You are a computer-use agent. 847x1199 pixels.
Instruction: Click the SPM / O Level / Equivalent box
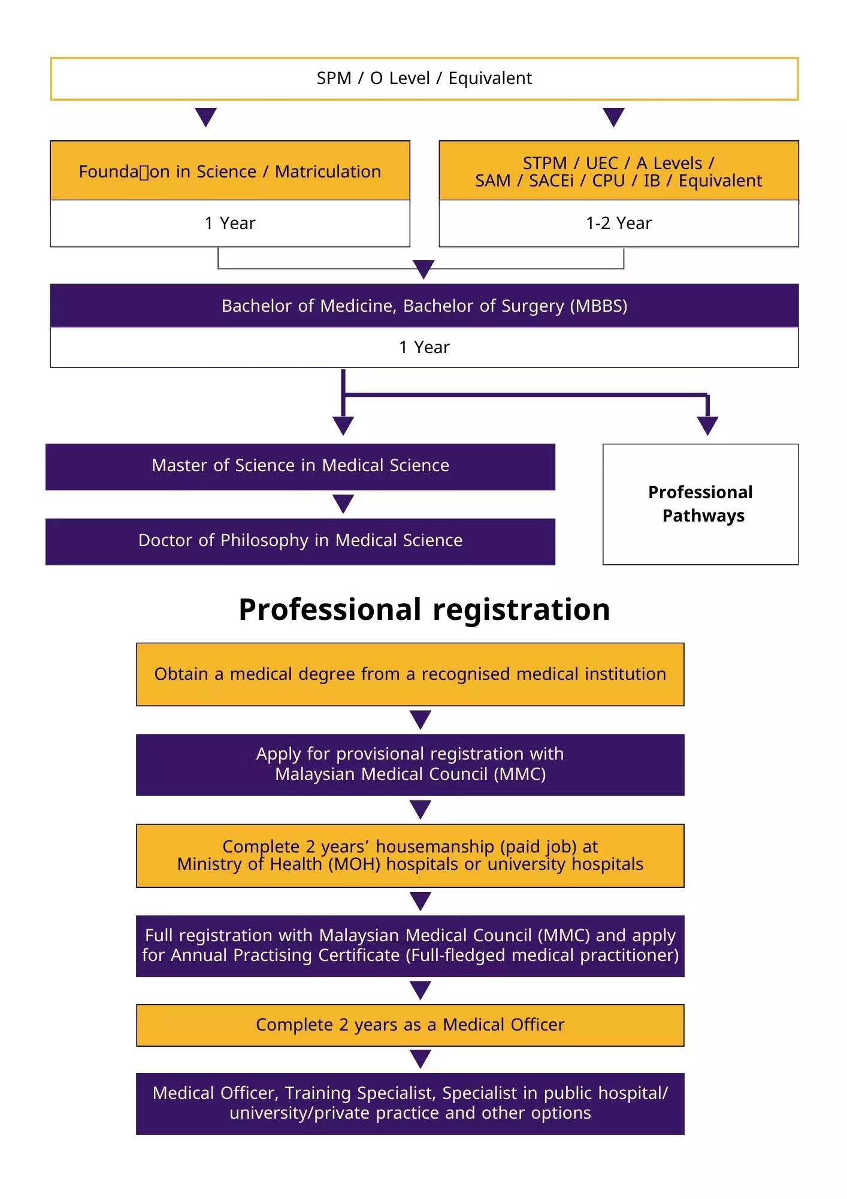424,79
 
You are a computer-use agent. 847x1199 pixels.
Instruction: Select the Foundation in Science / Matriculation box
230,171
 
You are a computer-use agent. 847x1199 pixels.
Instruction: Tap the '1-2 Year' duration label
618,224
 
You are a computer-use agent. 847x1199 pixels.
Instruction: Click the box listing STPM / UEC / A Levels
618,171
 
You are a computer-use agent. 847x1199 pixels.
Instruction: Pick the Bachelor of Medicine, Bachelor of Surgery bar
424,306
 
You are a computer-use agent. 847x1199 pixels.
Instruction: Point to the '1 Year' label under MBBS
424,348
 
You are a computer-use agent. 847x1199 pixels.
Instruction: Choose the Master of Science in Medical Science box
300,466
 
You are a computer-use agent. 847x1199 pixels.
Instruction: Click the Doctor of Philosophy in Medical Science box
300,541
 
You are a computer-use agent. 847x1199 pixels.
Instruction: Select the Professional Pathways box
700,504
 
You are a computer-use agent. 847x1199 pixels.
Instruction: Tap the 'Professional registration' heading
424,610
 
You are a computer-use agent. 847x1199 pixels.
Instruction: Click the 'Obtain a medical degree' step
410,674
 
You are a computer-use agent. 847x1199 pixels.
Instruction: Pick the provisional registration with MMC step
410,764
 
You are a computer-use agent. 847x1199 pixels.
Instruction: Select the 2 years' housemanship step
410,855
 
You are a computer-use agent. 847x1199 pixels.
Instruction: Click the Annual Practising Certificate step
410,945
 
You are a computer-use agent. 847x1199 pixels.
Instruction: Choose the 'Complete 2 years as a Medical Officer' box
410,1025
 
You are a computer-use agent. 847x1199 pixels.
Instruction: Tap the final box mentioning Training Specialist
410,1103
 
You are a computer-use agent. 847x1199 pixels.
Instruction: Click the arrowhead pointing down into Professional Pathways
707,425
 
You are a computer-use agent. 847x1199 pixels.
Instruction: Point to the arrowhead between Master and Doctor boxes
343,504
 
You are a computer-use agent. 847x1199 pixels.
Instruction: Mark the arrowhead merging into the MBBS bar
423,269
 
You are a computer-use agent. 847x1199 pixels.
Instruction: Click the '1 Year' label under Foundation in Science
230,224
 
